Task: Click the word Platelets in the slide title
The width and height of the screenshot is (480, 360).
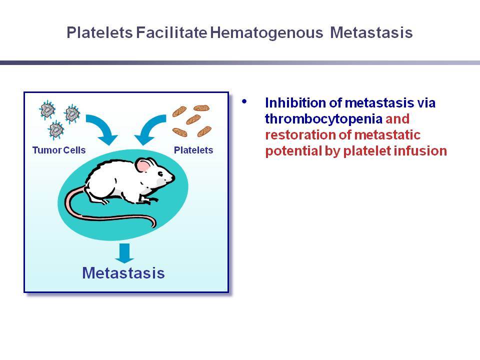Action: [x=99, y=32]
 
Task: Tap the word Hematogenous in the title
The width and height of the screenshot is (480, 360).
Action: [x=266, y=33]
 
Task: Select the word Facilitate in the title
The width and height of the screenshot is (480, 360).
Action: [x=171, y=32]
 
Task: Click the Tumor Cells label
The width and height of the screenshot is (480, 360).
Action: [x=59, y=150]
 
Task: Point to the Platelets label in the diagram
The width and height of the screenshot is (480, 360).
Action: [x=193, y=150]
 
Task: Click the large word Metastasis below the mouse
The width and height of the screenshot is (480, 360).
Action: [x=123, y=273]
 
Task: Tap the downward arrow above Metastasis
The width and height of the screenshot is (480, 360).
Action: [x=124, y=253]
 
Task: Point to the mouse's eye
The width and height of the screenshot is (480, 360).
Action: [x=160, y=174]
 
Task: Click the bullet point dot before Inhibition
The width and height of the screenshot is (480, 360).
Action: [x=244, y=101]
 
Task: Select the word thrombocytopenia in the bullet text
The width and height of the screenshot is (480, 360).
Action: [x=323, y=119]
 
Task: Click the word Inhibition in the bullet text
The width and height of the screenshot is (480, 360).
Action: [x=295, y=103]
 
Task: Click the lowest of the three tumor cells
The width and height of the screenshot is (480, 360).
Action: [x=56, y=130]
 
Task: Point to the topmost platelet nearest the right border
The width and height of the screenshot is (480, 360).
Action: [x=201, y=108]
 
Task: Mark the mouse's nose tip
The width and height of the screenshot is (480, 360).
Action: [x=173, y=177]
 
